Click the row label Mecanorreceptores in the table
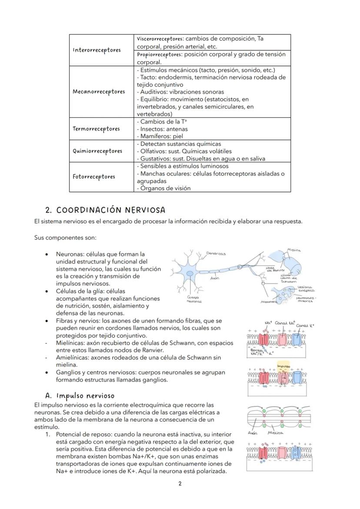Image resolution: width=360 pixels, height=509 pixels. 99,92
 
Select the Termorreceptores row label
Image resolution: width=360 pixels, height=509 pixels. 96,129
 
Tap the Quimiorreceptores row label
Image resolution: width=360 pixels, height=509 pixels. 97,151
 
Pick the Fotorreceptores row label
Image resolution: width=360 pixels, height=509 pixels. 94,176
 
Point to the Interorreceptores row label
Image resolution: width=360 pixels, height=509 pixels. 97,50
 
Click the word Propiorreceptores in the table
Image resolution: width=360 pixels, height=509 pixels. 160,55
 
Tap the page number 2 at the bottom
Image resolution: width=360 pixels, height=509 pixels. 180,483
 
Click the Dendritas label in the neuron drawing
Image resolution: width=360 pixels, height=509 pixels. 216,253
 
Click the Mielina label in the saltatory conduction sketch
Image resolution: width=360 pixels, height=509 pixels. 276,432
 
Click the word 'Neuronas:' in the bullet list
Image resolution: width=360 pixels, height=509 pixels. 70,254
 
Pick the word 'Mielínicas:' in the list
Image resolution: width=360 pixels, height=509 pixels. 72,343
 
